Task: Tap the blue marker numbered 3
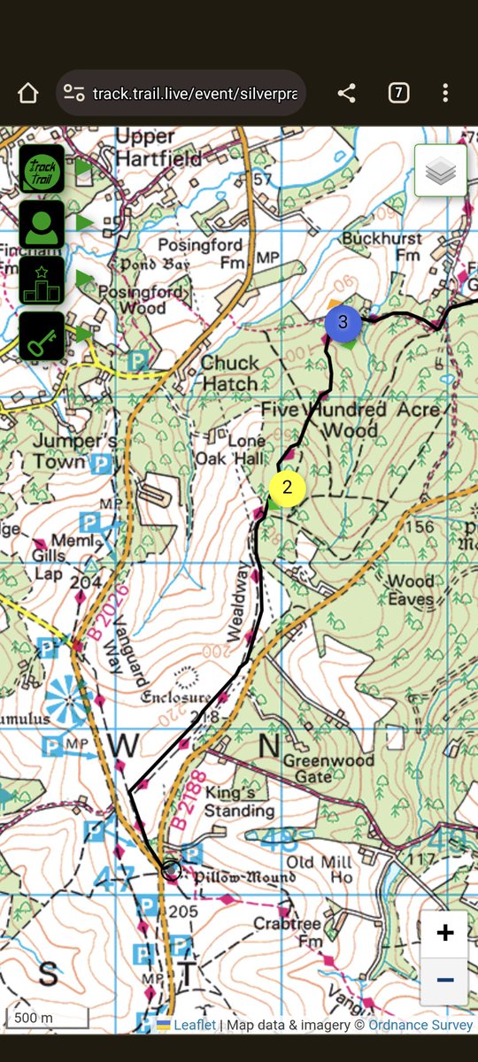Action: pyautogui.click(x=343, y=323)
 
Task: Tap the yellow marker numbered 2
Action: pyautogui.click(x=287, y=488)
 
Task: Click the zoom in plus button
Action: pyautogui.click(x=445, y=933)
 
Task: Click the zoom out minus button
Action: pyautogui.click(x=445, y=980)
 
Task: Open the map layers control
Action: pyautogui.click(x=440, y=171)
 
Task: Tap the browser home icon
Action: pyautogui.click(x=28, y=93)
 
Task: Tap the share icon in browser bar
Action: pyautogui.click(x=347, y=93)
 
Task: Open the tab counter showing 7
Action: pyautogui.click(x=398, y=93)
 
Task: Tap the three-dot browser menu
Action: pyautogui.click(x=445, y=93)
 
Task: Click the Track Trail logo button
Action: pyautogui.click(x=42, y=168)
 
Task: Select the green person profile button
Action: pyautogui.click(x=42, y=224)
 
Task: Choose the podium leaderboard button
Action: pyautogui.click(x=42, y=280)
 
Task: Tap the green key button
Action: pyautogui.click(x=42, y=336)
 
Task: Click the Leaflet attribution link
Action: pyautogui.click(x=194, y=1025)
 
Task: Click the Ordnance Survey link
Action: pyautogui.click(x=420, y=1025)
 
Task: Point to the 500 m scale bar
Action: pyautogui.click(x=47, y=1019)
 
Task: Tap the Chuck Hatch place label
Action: pyautogui.click(x=229, y=373)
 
